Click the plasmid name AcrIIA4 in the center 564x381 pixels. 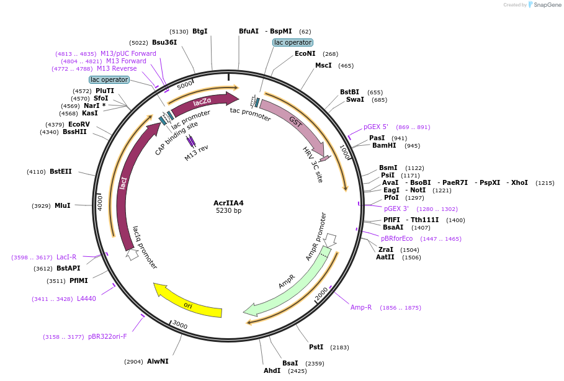point(228,203)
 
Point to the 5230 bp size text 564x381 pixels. point(228,211)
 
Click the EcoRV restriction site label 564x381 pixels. point(79,125)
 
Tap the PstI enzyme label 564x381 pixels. point(316,347)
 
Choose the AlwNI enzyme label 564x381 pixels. point(158,361)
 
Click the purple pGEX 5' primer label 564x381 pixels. point(376,127)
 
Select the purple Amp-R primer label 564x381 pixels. point(361,308)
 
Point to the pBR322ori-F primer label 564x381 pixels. point(107,337)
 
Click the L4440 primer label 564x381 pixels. point(86,299)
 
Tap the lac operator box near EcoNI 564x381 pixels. point(293,43)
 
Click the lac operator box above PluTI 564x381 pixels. point(109,79)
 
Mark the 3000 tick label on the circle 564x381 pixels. point(180,325)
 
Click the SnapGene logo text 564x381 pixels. point(548,5)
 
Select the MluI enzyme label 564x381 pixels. point(63,206)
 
